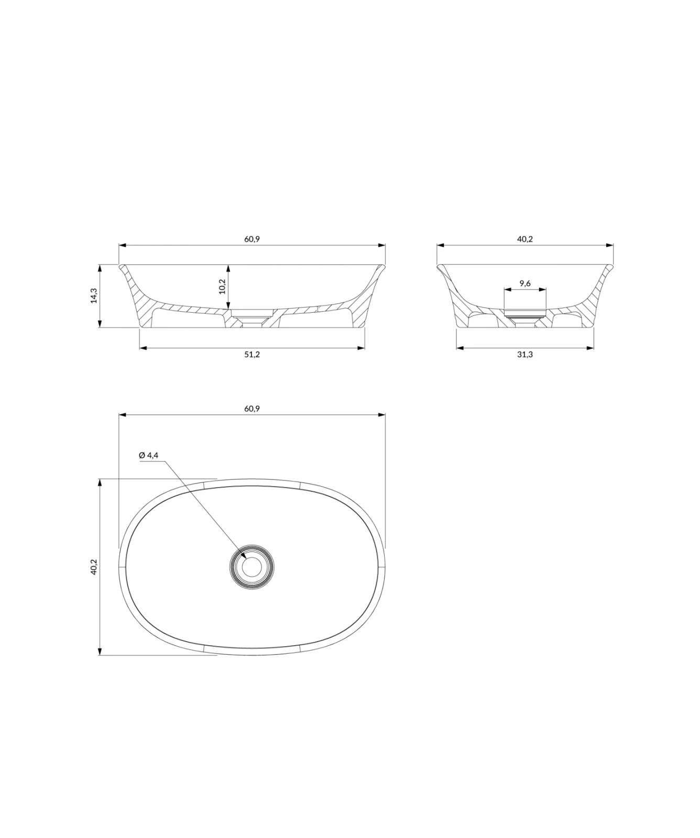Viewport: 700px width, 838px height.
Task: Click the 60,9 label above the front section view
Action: point(252,239)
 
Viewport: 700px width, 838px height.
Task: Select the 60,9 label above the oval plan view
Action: point(252,409)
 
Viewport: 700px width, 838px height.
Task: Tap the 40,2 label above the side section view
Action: point(525,239)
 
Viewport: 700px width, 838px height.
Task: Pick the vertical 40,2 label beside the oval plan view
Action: point(94,567)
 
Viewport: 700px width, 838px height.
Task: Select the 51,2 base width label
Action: point(252,355)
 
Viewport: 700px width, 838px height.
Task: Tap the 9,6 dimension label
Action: point(525,283)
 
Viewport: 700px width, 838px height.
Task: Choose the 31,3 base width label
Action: point(525,355)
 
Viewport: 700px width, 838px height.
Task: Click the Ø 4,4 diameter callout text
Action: point(149,455)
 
